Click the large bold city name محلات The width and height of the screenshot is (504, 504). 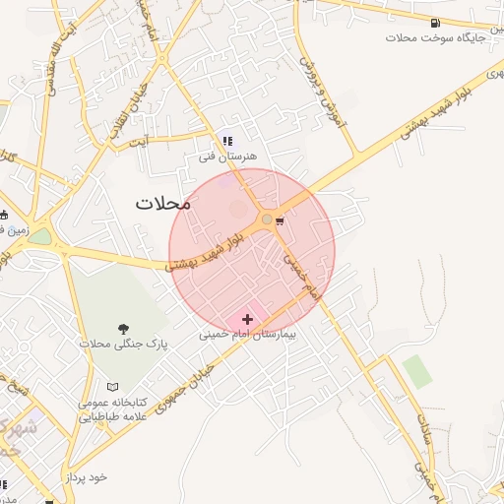tap(162, 204)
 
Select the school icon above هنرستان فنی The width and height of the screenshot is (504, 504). tap(228, 141)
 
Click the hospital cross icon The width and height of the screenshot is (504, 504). tap(247, 319)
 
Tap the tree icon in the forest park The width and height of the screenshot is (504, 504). tap(124, 329)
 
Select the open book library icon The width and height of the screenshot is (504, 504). tap(112, 388)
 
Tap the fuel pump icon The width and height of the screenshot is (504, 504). tap(435, 22)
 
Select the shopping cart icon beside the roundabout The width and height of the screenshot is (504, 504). tap(282, 220)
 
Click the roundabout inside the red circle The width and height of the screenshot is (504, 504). tap(267, 220)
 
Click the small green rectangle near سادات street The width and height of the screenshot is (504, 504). tap(417, 370)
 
